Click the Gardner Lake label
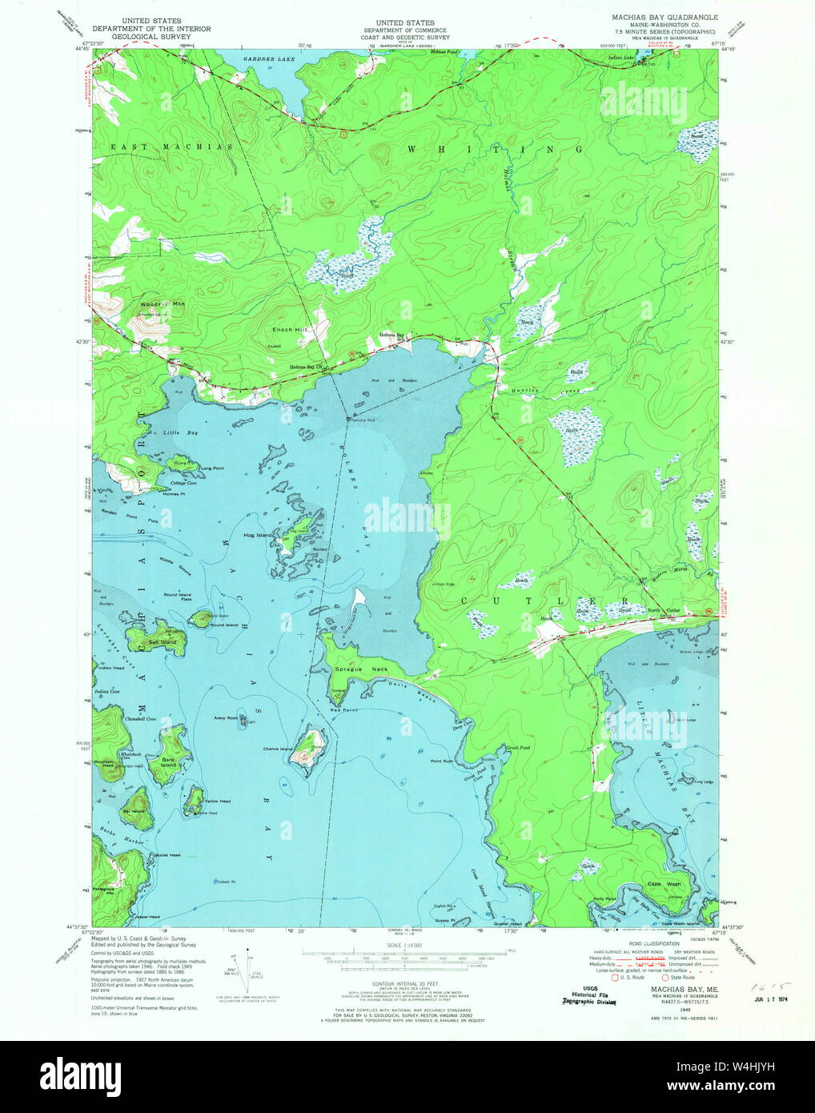tap(270, 58)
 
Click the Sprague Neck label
tap(361, 669)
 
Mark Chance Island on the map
tap(277, 749)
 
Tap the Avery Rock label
tap(225, 717)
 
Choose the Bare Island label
tap(168, 762)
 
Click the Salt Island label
tap(162, 642)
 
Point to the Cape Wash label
tap(664, 884)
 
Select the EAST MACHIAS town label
tap(171, 147)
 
